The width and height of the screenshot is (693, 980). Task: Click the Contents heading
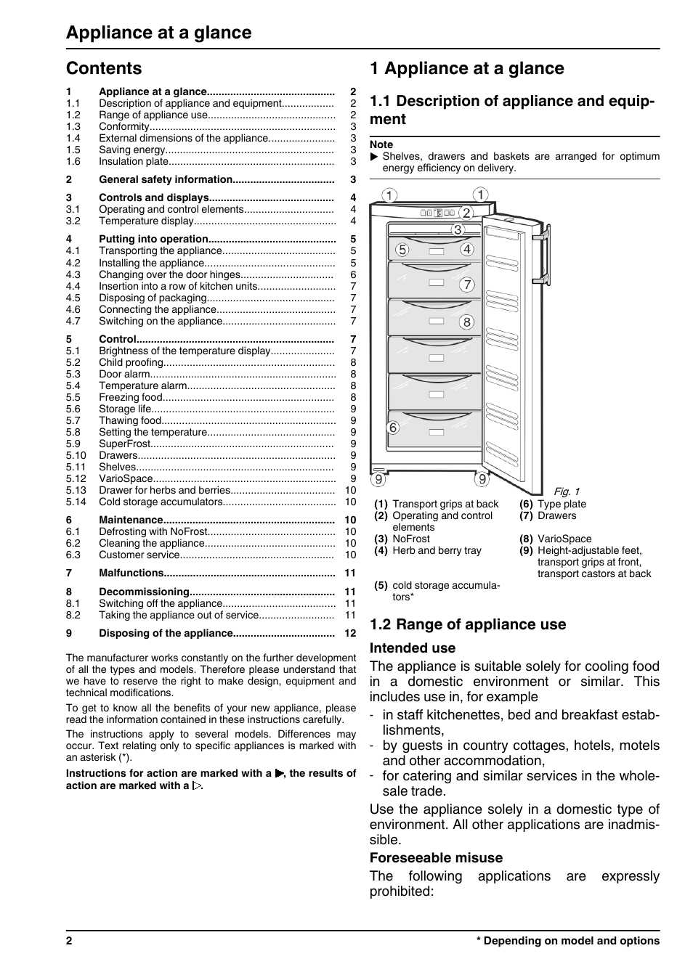point(104,68)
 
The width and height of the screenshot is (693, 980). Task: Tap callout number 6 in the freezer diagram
point(393,428)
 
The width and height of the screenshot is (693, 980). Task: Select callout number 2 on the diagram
point(466,213)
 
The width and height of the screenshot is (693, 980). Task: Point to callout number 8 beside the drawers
point(466,322)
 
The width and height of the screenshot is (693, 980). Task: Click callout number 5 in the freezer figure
point(402,250)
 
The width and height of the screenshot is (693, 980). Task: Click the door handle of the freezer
point(540,250)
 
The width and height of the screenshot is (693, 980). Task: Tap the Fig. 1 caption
point(567,491)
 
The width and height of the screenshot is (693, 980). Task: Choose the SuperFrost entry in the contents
point(125,444)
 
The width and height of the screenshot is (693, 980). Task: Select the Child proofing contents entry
point(131,362)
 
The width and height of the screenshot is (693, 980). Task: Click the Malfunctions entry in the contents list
point(131,573)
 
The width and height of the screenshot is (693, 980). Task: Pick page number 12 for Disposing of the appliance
point(350,633)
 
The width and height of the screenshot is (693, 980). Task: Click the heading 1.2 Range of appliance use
point(467,624)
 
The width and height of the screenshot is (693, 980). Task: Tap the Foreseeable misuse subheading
point(436,857)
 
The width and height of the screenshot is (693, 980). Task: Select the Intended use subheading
point(413,648)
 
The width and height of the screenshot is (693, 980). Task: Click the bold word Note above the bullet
point(381,144)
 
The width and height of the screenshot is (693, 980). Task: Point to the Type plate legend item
point(561,504)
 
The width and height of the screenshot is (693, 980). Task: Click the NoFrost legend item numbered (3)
point(410,539)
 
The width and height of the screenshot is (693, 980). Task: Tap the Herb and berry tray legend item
point(436,550)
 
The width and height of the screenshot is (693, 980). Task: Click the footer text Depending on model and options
point(571,941)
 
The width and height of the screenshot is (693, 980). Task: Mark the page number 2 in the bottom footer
point(69,941)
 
